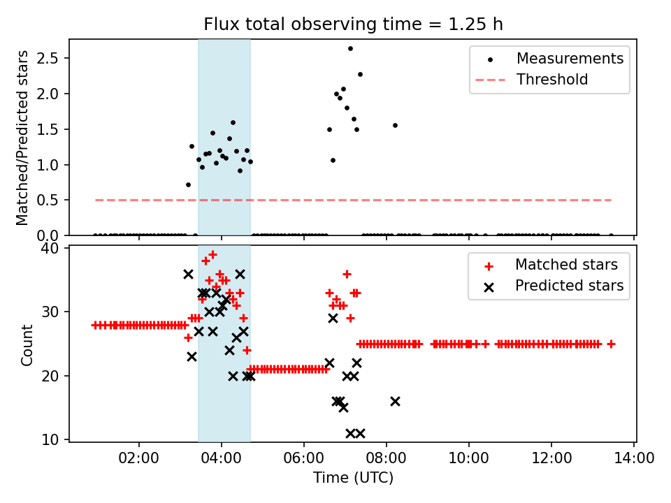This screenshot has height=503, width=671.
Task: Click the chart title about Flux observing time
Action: (x=353, y=24)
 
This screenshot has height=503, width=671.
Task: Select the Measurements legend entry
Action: (x=570, y=59)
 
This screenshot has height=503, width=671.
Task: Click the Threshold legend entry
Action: (x=552, y=80)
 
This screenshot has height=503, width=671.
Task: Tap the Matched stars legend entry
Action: (x=566, y=265)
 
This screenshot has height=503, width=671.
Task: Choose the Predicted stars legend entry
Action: (x=569, y=286)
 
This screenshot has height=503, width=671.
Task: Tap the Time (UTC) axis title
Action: (x=353, y=478)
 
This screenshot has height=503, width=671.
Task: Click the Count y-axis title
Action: (x=27, y=344)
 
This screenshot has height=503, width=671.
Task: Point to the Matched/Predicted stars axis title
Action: (x=22, y=138)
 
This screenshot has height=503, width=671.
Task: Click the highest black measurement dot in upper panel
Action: (x=350, y=48)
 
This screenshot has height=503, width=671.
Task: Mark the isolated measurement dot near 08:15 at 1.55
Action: (x=395, y=125)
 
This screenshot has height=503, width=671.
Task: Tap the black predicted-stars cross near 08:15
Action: (x=395, y=401)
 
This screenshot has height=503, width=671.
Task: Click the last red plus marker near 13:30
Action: (x=611, y=344)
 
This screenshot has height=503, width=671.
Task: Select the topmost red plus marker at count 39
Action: (x=212, y=254)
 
